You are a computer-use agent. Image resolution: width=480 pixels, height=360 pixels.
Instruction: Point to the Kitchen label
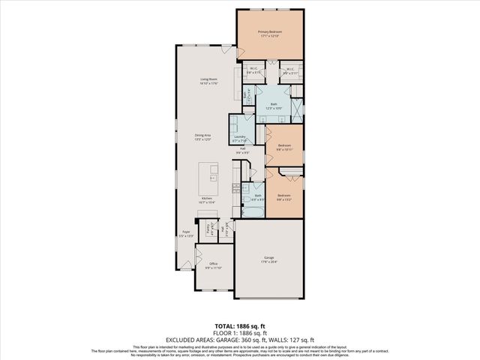(x=207, y=200)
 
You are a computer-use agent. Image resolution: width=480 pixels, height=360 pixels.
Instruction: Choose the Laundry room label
(x=240, y=138)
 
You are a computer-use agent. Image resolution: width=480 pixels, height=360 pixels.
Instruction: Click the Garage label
(x=268, y=259)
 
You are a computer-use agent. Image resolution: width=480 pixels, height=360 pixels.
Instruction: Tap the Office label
(x=213, y=265)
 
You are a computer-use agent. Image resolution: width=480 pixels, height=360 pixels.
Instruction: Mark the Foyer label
(x=185, y=233)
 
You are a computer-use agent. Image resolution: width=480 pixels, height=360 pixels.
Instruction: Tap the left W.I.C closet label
(x=253, y=70)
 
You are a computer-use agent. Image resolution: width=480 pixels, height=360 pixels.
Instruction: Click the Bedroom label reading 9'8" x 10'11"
(x=284, y=147)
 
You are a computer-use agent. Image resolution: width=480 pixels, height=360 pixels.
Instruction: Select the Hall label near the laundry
(x=243, y=150)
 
